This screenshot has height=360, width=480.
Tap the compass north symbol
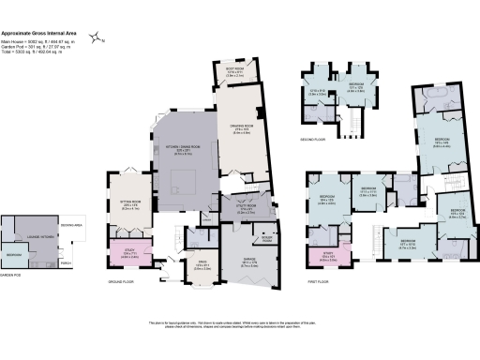(x=97, y=39)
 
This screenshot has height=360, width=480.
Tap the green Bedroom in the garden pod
(x=14, y=254)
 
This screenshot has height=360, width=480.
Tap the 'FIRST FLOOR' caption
(x=323, y=280)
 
